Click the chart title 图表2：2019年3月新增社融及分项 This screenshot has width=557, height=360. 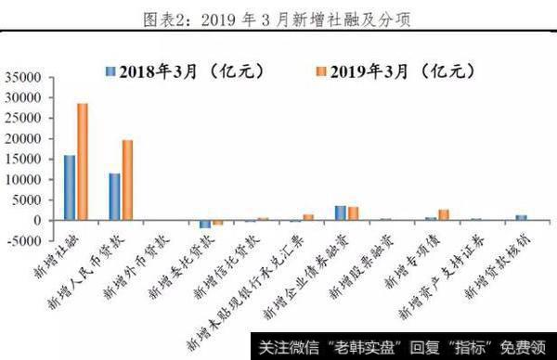[x=278, y=18]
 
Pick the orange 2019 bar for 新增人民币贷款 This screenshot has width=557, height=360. [x=127, y=181]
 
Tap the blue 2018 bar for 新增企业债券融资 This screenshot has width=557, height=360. [x=341, y=213]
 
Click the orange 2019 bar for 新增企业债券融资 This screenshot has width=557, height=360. [x=353, y=214]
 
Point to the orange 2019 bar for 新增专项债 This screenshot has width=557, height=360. [x=444, y=215]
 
